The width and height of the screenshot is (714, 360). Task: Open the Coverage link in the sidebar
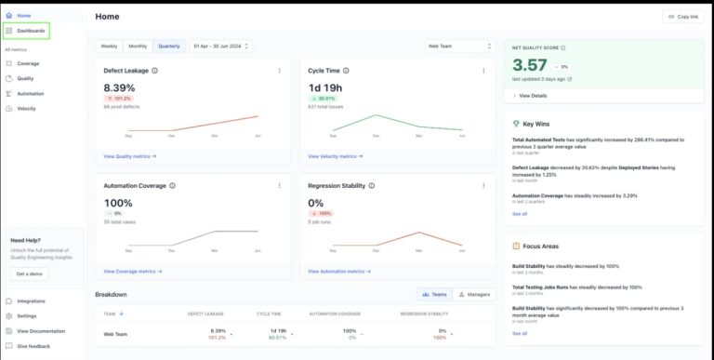pos(28,63)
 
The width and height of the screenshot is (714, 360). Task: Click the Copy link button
pos(682,17)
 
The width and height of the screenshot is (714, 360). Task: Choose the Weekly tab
pos(110,46)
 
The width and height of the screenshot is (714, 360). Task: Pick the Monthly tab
pos(138,46)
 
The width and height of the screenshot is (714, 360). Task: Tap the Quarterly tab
pos(168,46)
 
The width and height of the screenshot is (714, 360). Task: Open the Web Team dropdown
pos(458,46)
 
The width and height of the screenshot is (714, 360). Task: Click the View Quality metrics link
pos(129,156)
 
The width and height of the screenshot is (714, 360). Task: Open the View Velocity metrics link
pos(334,156)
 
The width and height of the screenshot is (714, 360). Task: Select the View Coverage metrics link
pos(132,272)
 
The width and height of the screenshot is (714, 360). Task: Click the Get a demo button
pos(31,274)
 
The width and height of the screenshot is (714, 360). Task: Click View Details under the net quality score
pos(531,96)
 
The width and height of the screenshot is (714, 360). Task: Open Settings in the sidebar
pos(27,316)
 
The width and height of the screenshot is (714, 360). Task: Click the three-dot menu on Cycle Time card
pos(483,70)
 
